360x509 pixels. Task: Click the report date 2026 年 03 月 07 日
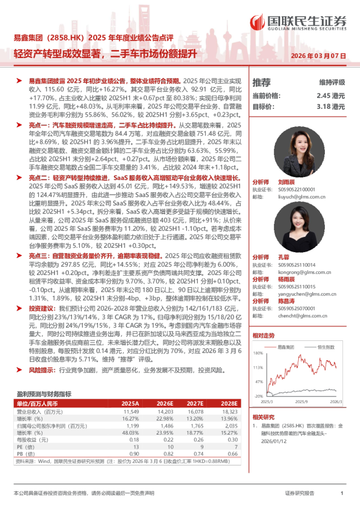[x=319, y=56]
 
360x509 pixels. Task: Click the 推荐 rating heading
[x=261, y=83]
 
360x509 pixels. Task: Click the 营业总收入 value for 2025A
[x=131, y=411]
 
